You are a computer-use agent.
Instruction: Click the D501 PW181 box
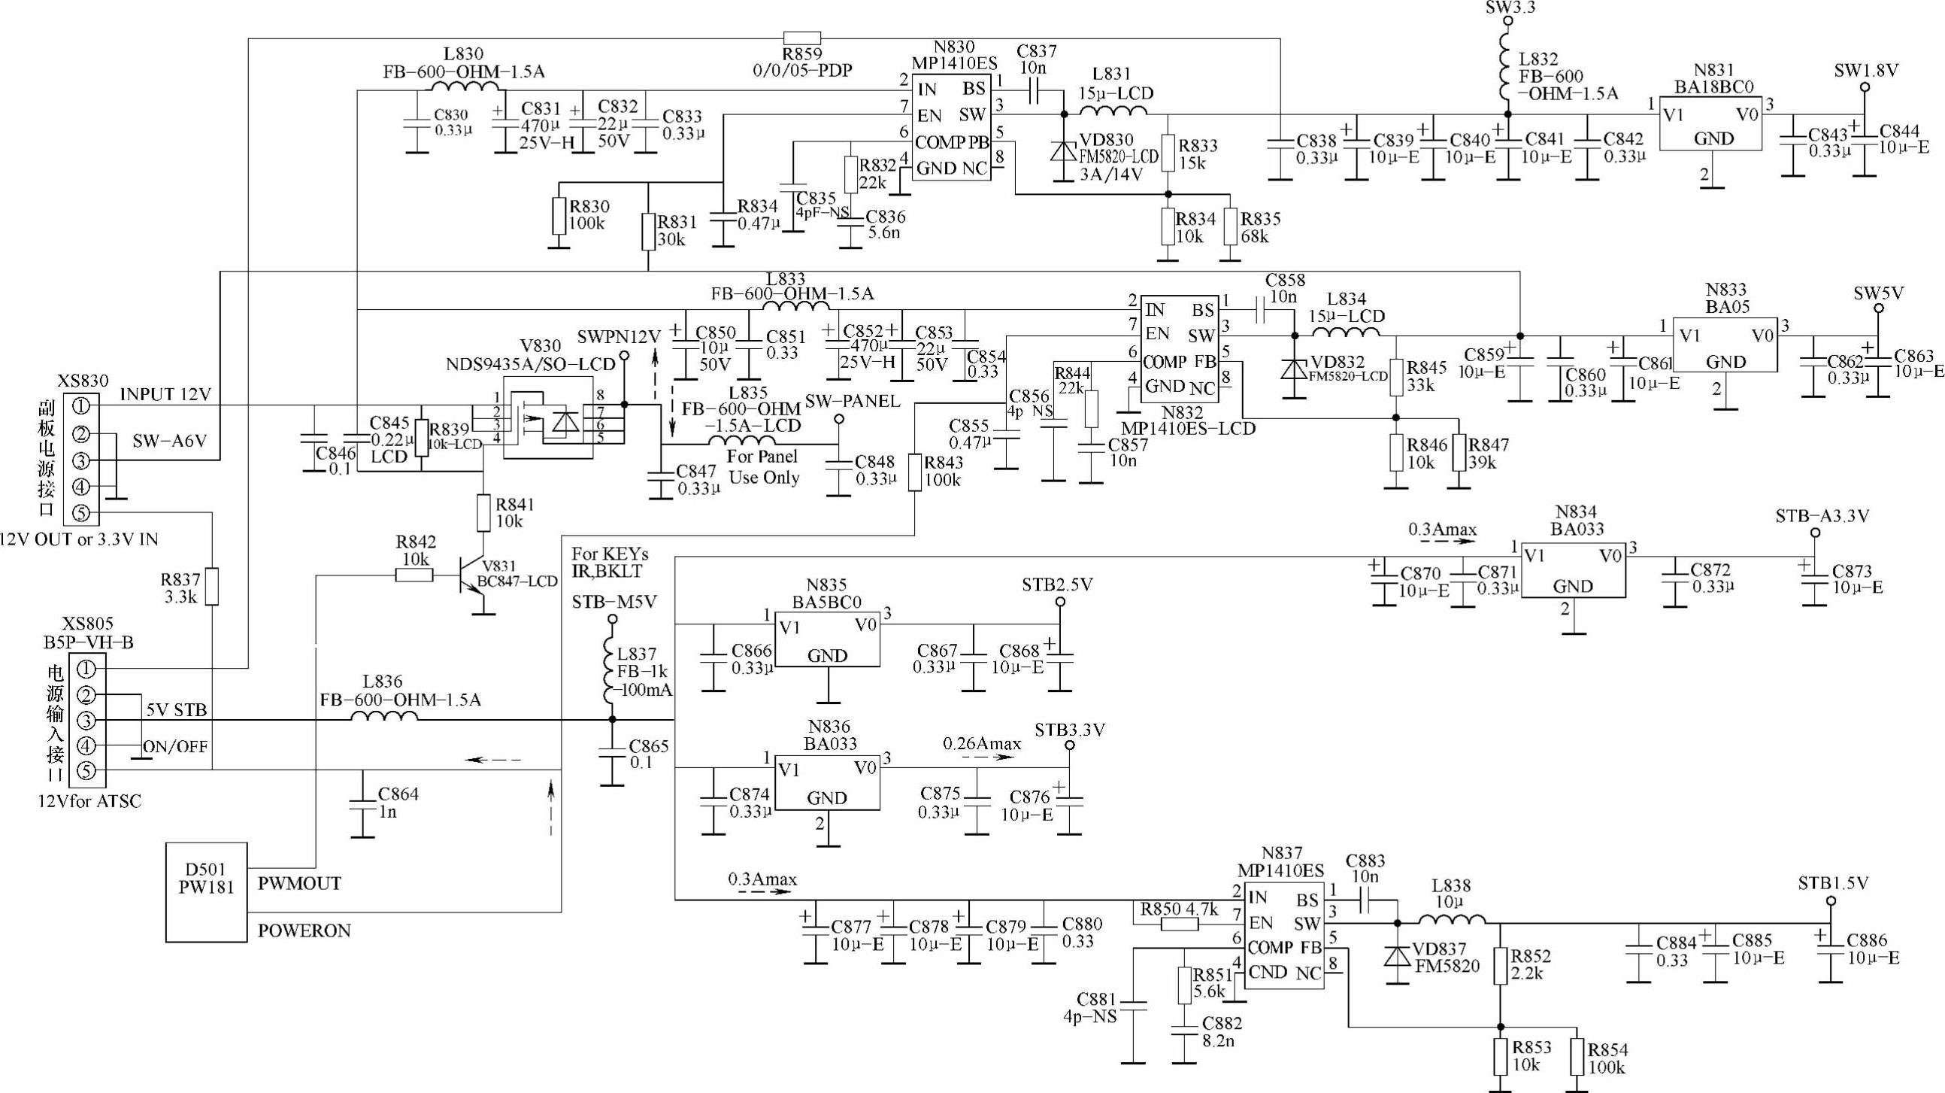point(206,892)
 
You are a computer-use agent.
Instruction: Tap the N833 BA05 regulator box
point(1725,345)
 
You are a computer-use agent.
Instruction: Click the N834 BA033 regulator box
point(1573,570)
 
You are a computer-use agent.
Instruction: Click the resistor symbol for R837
point(212,587)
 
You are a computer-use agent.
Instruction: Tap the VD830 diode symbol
point(1064,151)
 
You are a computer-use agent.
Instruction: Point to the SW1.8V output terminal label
point(1866,71)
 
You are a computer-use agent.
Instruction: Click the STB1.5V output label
point(1832,883)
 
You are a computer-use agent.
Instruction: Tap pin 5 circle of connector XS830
point(81,514)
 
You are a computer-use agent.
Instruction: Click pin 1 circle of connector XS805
point(86,669)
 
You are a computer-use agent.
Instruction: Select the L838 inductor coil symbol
point(1451,920)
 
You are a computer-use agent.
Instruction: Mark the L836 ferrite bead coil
point(383,716)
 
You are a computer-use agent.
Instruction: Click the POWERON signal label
point(304,931)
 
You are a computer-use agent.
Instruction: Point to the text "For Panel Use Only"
point(762,467)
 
